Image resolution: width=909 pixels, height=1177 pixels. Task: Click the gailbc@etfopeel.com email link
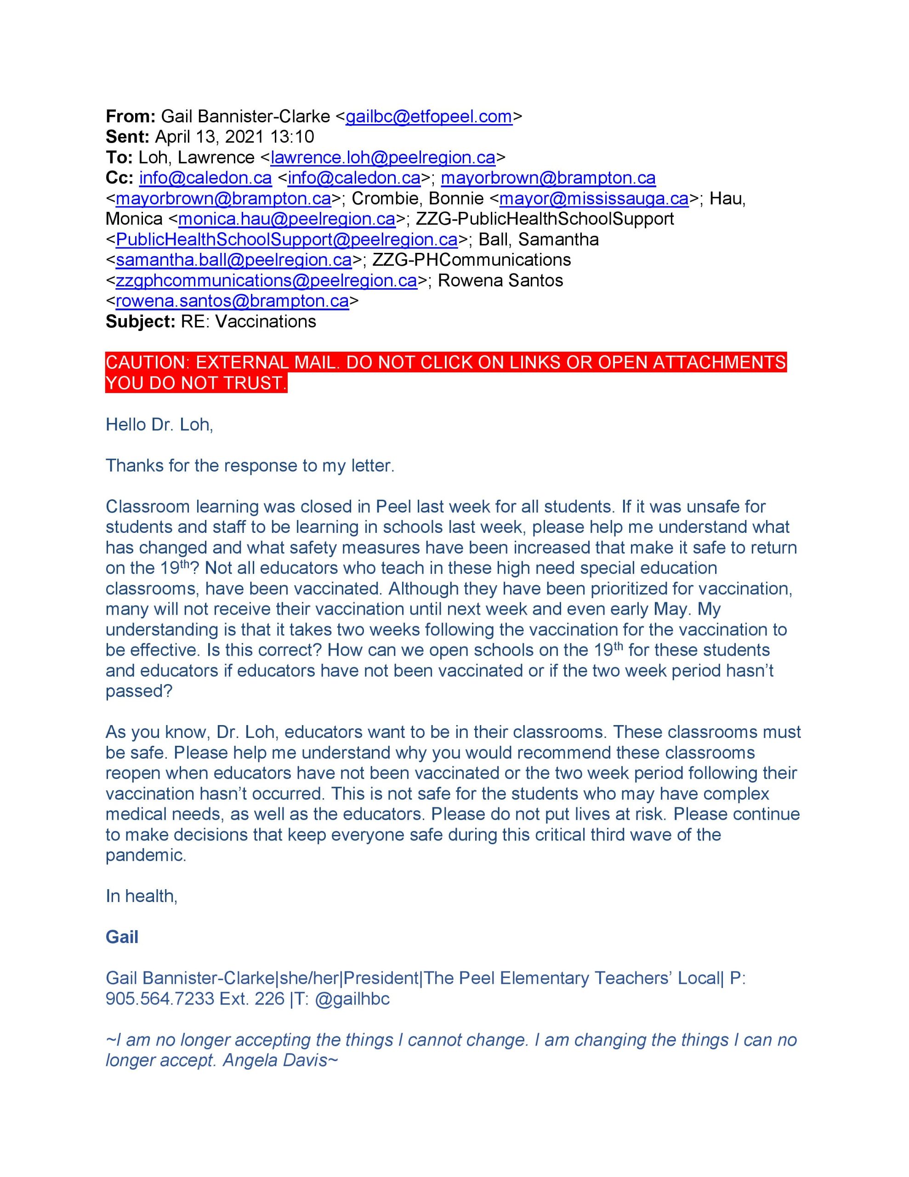point(428,117)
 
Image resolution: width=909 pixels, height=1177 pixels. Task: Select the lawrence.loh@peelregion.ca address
point(382,158)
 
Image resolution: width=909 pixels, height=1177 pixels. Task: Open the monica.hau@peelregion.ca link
point(287,219)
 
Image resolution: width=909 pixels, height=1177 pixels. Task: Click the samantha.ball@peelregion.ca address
point(233,260)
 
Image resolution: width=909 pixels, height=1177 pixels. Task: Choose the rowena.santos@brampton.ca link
point(232,301)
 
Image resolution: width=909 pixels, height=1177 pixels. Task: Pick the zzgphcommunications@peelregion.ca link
point(266,281)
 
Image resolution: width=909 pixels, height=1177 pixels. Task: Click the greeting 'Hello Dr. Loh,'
point(159,425)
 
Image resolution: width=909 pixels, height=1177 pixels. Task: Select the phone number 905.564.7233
point(160,999)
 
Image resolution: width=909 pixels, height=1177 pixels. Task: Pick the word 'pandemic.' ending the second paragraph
point(146,855)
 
